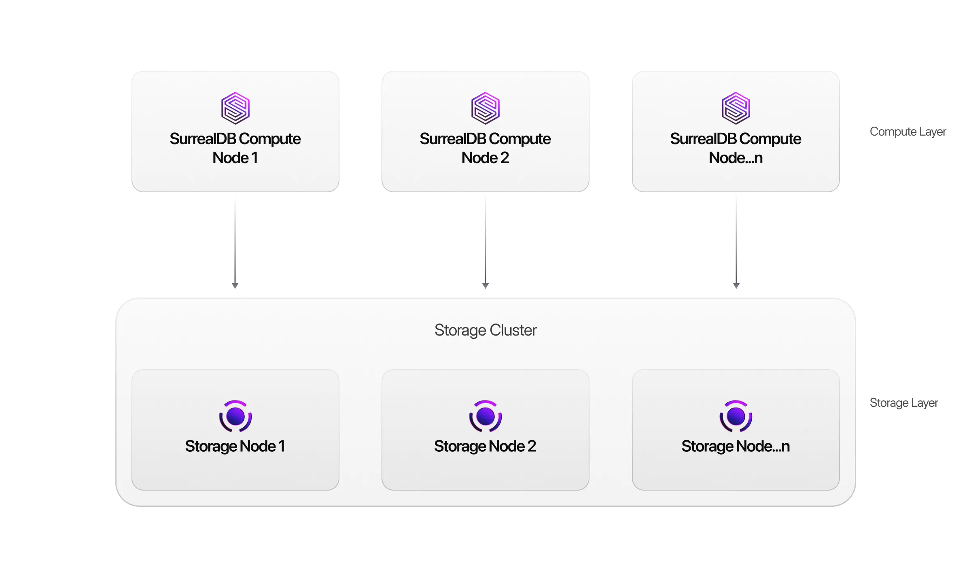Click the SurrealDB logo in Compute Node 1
coord(235,108)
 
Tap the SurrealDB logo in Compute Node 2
coord(485,108)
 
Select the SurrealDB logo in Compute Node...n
coord(736,108)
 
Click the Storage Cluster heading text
coord(485,330)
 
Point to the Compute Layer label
coord(907,132)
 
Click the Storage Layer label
coord(903,403)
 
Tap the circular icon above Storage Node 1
coord(235,416)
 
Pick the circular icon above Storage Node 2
coord(485,416)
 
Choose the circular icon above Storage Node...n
coord(736,416)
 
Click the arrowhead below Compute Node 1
coord(235,285)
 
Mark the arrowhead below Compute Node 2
coord(485,285)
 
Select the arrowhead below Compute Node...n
coord(736,285)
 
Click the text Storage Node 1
coord(235,446)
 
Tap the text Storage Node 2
coord(485,446)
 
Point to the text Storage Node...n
coord(736,446)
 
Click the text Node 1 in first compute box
coord(235,158)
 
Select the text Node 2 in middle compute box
coord(485,158)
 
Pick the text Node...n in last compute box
coord(736,158)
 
